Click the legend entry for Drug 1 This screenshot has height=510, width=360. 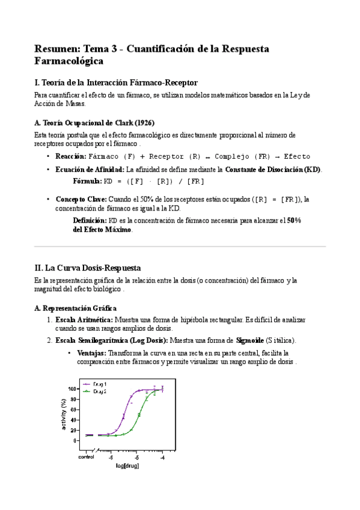coord(99,383)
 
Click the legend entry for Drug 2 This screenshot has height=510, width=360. coord(99,391)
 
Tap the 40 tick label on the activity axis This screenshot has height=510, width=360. coord(75,420)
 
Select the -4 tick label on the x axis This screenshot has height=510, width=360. coord(162,458)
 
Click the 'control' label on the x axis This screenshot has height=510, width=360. coord(86,458)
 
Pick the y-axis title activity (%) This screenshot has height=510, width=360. coord(64,414)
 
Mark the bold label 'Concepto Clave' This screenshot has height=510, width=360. coord(81,199)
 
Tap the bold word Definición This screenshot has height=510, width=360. coord(90,221)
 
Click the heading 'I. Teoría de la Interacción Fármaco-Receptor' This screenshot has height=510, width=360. coord(116,82)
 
